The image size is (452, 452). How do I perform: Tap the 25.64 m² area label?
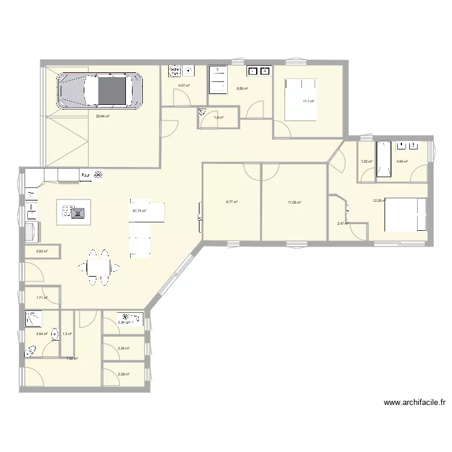click(102, 117)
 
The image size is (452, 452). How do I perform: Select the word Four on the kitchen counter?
click(86, 177)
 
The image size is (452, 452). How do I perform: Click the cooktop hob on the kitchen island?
click(77, 212)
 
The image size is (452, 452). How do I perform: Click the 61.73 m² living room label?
click(139, 211)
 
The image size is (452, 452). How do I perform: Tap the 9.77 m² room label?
click(231, 202)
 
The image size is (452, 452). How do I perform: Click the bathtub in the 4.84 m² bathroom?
click(384, 160)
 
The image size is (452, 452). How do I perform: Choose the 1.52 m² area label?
click(366, 162)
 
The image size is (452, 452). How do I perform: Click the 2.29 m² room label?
click(124, 374)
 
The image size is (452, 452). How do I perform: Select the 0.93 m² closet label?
click(42, 252)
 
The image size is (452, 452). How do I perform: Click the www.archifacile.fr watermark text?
click(414, 403)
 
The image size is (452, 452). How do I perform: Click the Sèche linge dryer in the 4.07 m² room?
click(174, 71)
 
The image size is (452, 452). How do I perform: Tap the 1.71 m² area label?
click(42, 298)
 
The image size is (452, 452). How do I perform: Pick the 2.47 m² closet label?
click(342, 224)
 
